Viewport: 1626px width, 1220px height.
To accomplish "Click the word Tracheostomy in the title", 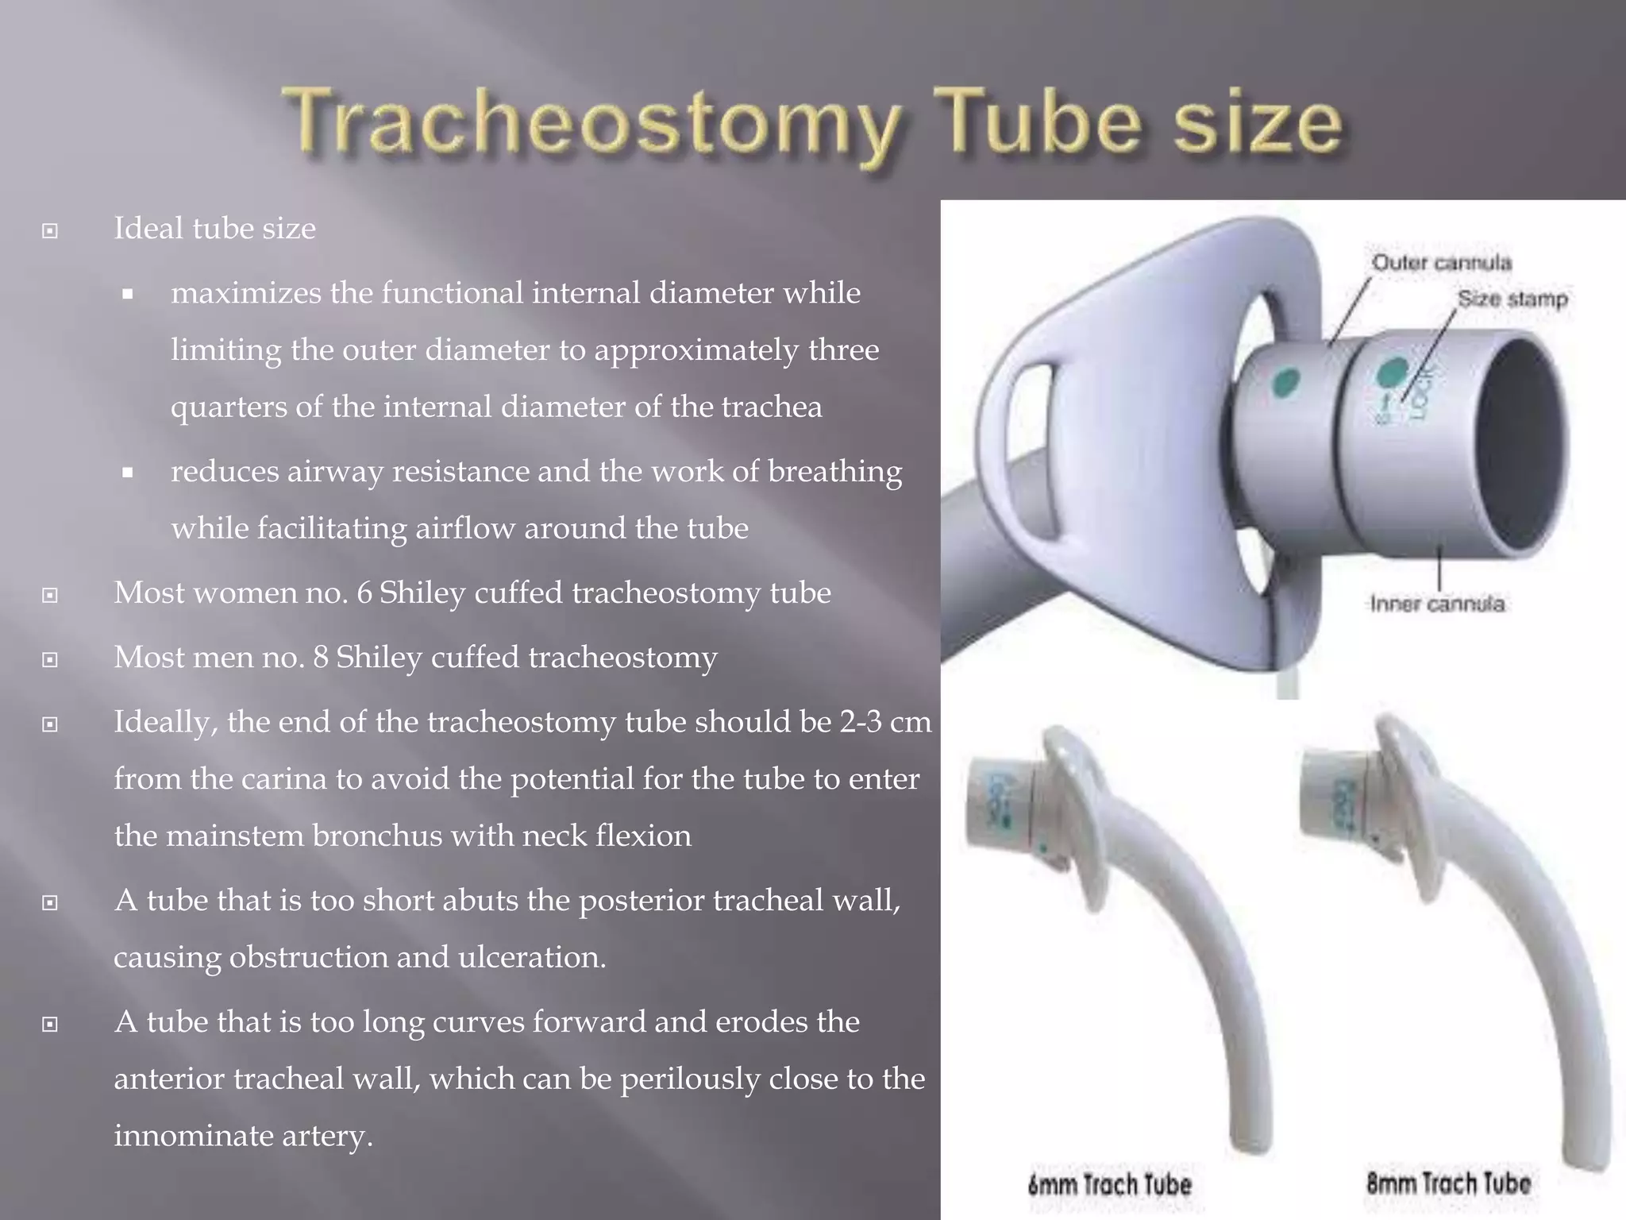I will coord(591,127).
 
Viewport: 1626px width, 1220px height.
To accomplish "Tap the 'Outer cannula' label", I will coord(1441,263).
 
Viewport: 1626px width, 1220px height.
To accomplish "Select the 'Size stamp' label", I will coord(1512,299).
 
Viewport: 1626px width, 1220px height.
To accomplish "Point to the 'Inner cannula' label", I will coord(1437,604).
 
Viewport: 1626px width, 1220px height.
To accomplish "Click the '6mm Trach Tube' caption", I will coord(1109,1185).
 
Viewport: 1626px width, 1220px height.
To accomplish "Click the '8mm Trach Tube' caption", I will coord(1448,1183).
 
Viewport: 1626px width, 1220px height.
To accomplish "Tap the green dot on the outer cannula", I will coord(1285,384).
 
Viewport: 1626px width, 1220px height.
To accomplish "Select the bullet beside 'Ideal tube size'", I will coord(50,231).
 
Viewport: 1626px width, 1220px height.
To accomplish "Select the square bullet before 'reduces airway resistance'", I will coord(127,473).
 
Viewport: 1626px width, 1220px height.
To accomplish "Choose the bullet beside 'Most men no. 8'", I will coord(50,659).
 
